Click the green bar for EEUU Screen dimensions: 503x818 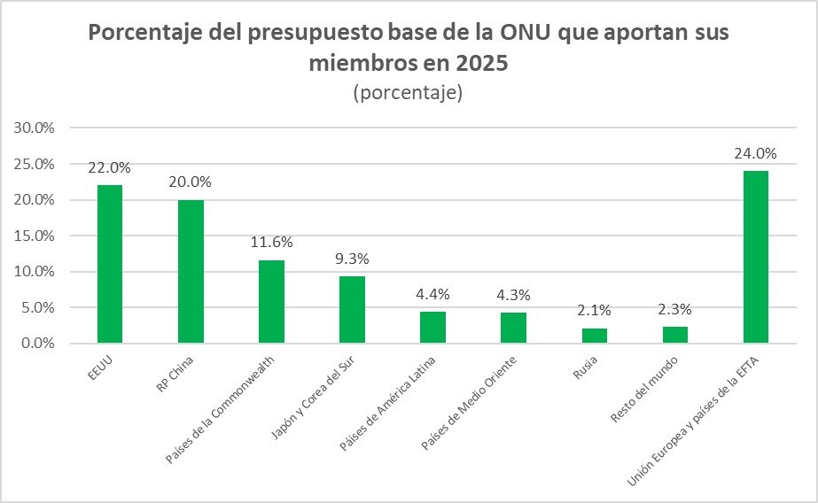(x=110, y=263)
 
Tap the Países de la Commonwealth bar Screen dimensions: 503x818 (x=271, y=301)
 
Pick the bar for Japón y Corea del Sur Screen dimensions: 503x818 (x=352, y=309)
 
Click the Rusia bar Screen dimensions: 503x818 (x=595, y=335)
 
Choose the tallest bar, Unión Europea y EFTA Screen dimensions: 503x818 (x=756, y=256)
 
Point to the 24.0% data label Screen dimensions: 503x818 (x=755, y=153)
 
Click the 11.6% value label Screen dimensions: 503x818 (x=271, y=242)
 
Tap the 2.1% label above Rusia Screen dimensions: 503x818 (x=595, y=311)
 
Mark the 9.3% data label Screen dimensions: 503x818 (x=352, y=259)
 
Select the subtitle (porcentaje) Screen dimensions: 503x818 (x=408, y=93)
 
